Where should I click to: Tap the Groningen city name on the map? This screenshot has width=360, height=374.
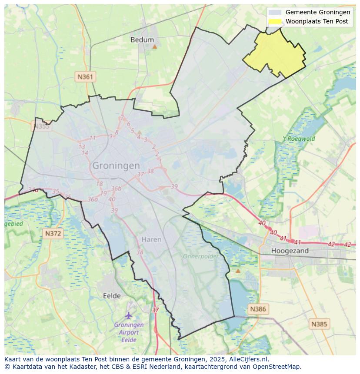(x=116, y=165)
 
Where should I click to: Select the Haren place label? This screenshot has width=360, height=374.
(x=151, y=239)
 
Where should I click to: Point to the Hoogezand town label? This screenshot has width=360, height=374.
(x=290, y=251)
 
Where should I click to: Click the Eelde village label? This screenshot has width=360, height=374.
(x=112, y=296)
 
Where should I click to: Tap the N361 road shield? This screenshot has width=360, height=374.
(x=85, y=77)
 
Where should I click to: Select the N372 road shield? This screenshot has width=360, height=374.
(x=53, y=234)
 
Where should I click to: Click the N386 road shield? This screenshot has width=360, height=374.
(x=258, y=309)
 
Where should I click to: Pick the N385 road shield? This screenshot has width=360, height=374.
(x=320, y=324)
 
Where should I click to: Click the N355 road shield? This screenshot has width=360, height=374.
(x=41, y=126)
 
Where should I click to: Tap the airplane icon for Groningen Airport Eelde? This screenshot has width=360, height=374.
(x=129, y=315)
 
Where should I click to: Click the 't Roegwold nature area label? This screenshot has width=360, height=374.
(x=299, y=139)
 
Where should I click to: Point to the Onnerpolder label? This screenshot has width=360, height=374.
(x=200, y=256)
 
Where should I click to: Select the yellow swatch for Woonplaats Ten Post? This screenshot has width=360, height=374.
(x=275, y=21)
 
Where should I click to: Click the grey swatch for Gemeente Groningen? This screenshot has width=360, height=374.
(x=275, y=13)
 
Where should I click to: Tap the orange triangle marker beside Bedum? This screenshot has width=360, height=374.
(x=154, y=46)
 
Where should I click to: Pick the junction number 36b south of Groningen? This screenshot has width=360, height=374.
(x=116, y=189)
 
